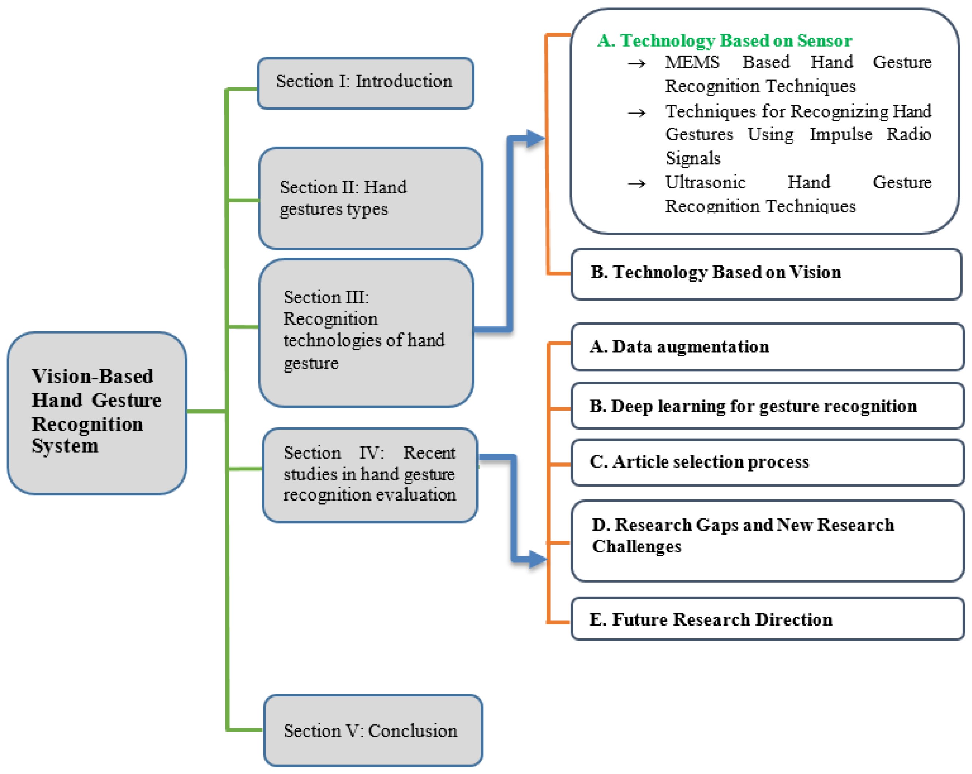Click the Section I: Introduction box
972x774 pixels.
click(365, 83)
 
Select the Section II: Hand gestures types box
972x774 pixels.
click(370, 198)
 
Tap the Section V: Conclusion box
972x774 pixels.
click(373, 730)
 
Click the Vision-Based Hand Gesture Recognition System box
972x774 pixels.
click(97, 413)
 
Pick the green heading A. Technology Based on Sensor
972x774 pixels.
click(724, 41)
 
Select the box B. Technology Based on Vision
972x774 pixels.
click(766, 274)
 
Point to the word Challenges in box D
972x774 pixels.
click(636, 547)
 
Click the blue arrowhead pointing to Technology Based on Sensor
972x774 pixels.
click(535, 138)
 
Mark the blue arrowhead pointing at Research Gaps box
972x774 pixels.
click(537, 559)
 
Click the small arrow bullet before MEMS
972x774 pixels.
click(637, 64)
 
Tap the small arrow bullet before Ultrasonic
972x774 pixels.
click(637, 184)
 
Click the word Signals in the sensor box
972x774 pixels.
click(693, 159)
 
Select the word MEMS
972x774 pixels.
click(692, 62)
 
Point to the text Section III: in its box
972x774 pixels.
click(326, 297)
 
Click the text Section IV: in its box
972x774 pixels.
click(334, 453)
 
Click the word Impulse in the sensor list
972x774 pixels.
click(840, 135)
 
